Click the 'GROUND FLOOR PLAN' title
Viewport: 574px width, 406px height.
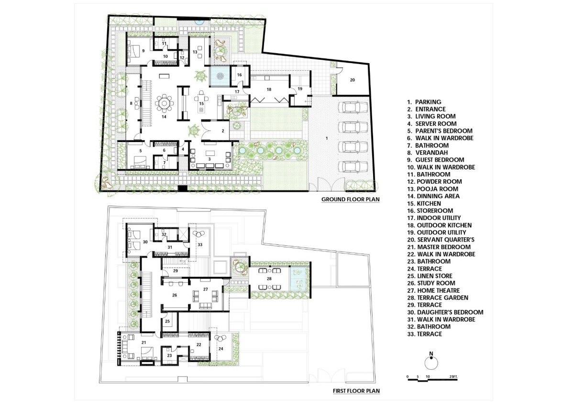(350, 199)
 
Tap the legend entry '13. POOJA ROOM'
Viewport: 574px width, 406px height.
(432, 189)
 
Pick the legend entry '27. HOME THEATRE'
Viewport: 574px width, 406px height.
(433, 290)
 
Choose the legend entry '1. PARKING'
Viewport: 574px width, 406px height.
(424, 102)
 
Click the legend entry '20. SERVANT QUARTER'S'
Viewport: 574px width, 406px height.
(441, 240)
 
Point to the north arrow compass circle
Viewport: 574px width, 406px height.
(431, 363)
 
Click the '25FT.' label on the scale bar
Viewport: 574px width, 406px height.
(453, 377)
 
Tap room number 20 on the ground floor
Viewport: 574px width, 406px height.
(353, 80)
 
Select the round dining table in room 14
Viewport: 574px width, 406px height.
(164, 103)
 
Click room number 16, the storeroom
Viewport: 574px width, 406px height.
(239, 75)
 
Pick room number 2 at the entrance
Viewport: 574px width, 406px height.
(223, 131)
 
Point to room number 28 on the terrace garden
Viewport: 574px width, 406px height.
(269, 279)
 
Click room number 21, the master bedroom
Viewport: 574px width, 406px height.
(143, 342)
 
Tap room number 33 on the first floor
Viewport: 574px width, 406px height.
(200, 245)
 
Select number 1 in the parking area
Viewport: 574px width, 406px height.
(327, 138)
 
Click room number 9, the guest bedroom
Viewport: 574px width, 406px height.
(143, 51)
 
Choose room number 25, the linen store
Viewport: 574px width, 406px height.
(167, 321)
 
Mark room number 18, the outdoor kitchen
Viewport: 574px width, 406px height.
(269, 89)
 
